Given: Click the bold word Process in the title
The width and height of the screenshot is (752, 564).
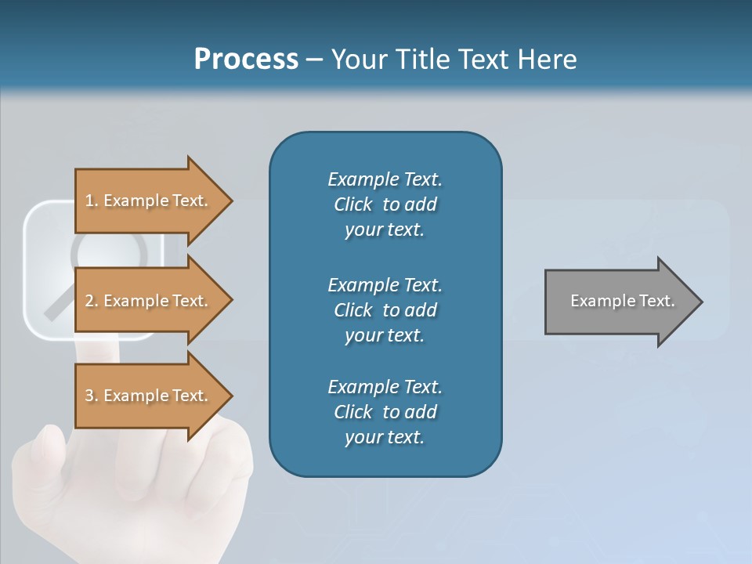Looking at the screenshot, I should pos(246,60).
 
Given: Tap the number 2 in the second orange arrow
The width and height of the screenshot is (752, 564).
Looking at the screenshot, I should pos(89,301).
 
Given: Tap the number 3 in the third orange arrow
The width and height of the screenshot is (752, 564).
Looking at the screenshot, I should pos(89,396).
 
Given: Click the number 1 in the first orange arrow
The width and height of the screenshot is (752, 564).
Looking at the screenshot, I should pos(89,201).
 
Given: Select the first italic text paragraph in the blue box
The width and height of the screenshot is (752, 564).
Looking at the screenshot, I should pos(385,204).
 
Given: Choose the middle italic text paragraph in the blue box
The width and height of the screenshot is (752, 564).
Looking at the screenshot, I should pos(385,310).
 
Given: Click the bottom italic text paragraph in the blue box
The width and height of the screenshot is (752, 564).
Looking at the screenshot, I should pos(385,412).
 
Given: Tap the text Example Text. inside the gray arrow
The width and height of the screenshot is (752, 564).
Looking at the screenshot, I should pos(623,301).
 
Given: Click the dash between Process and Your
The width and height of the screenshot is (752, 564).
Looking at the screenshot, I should pos(314,60).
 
